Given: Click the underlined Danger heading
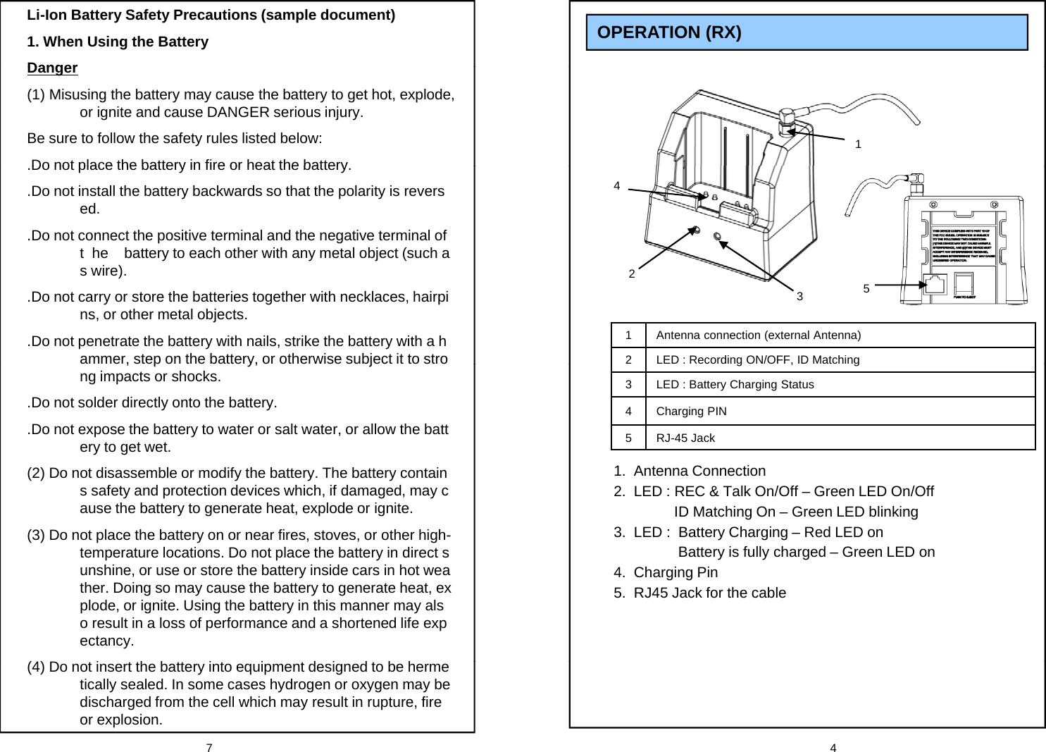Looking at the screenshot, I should (52, 68).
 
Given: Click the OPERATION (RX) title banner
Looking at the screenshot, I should (807, 32).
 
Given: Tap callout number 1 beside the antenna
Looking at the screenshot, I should (858, 144).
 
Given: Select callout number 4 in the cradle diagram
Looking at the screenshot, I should (617, 186).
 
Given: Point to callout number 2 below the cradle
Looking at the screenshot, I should (632, 273).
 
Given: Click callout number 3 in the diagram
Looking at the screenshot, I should (799, 297).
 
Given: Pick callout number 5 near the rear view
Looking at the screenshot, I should (866, 289).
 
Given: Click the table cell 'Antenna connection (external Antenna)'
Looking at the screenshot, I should (758, 335).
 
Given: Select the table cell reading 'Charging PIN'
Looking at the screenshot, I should (691, 412).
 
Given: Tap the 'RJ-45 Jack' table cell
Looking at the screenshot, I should (685, 438).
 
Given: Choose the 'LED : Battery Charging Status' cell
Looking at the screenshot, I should (735, 385).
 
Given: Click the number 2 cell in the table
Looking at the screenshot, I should (628, 360).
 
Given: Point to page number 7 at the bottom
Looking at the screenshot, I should (209, 748).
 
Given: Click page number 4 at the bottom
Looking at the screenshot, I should (833, 748).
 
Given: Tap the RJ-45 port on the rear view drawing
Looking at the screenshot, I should (936, 285).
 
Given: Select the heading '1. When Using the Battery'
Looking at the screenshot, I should (118, 42).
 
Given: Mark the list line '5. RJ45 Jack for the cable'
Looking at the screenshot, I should (699, 593).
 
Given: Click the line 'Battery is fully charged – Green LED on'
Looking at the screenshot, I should (807, 553).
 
